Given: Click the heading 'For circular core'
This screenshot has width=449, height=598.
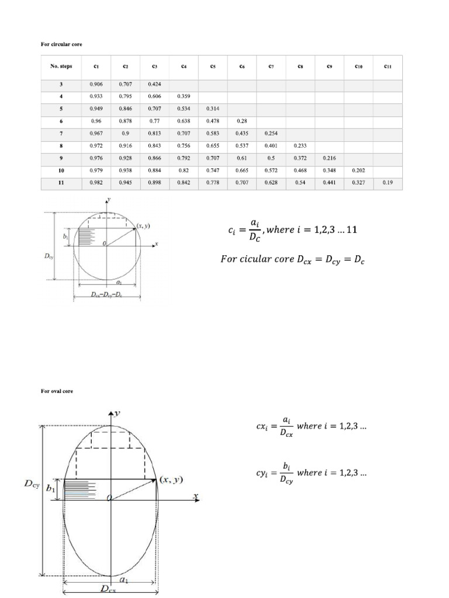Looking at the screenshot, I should [x=57, y=44].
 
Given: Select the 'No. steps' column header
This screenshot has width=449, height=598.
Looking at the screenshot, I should [x=61, y=67].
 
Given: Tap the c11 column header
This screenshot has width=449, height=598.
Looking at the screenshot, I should [x=388, y=67].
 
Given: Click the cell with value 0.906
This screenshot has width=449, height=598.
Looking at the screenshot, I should [x=96, y=85].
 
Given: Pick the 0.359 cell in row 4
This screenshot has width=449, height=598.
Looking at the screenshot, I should [x=184, y=96].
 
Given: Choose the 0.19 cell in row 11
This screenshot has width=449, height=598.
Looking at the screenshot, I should [x=388, y=183].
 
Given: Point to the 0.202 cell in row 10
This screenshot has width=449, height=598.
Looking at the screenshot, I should [x=358, y=171].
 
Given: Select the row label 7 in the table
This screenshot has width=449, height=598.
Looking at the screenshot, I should [x=61, y=134].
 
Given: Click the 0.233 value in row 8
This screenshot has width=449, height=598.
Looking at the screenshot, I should [x=300, y=146].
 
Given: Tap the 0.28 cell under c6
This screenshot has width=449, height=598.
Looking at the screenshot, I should [x=241, y=121].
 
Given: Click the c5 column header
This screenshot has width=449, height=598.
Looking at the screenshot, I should [x=213, y=67].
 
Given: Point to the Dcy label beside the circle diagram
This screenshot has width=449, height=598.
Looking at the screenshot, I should [x=49, y=255].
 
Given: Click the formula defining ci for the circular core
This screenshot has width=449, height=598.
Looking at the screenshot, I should [x=292, y=230].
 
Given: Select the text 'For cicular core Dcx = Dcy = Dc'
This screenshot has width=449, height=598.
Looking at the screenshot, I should [x=292, y=258].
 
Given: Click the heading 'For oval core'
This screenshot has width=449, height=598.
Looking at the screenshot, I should [x=57, y=391].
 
